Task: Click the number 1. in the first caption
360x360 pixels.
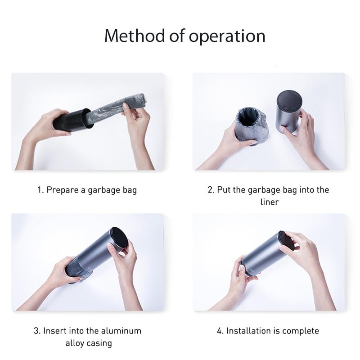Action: [x=40, y=189]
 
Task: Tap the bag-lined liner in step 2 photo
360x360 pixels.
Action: [x=252, y=125]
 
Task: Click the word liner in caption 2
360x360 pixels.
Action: [x=269, y=202]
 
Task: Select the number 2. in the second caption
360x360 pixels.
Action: [x=211, y=189]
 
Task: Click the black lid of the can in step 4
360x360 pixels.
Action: [x=286, y=241]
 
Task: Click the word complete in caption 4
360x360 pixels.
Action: [x=301, y=331]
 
